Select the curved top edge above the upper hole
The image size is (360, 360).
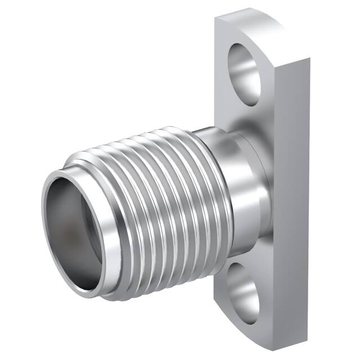coord(253,22)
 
